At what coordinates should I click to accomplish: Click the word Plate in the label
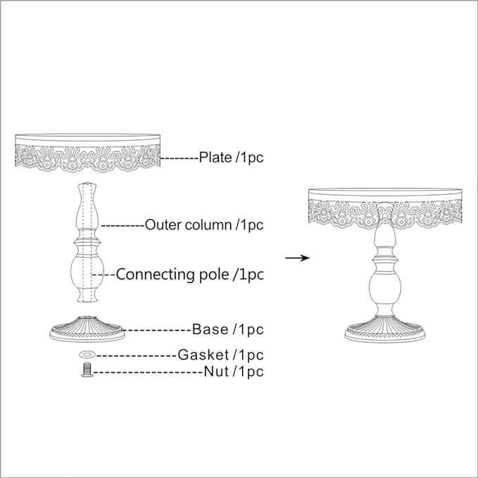[x=215, y=157]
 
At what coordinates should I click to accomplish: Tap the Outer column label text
[x=188, y=225]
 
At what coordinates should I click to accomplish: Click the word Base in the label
[x=210, y=329]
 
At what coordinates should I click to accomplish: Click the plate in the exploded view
[x=88, y=150]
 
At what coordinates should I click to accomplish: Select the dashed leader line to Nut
[x=148, y=371]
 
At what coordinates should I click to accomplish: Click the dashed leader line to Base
[x=158, y=329]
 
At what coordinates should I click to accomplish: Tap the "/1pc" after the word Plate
[x=249, y=157]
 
